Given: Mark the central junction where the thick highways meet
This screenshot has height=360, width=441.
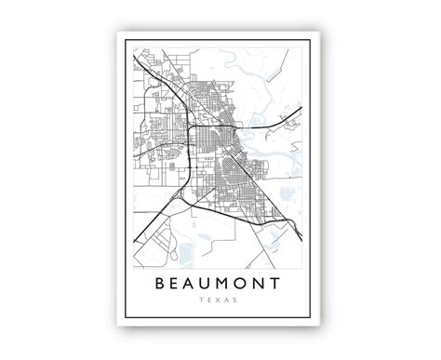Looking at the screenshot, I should [x=190, y=129].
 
